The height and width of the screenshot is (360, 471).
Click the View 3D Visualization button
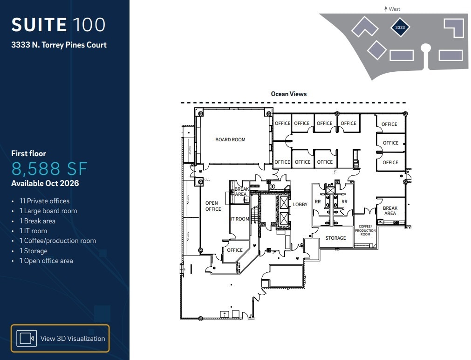[60, 338]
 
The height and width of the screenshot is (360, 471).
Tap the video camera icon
[27, 338]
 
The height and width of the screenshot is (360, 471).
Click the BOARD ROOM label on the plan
[230, 139]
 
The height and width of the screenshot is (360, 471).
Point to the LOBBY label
[300, 205]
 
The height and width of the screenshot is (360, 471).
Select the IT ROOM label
[240, 219]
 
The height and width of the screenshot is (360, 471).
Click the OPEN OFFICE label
[213, 206]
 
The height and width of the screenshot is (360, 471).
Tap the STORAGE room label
[335, 238]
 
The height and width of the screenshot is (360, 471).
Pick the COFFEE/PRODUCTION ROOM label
[365, 230]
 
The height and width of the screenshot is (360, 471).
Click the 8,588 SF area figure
[49, 168]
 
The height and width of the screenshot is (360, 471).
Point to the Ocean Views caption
[289, 94]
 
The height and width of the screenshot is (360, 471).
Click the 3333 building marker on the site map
[400, 28]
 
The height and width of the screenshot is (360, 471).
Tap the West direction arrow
[386, 8]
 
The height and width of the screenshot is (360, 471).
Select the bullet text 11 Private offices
[44, 201]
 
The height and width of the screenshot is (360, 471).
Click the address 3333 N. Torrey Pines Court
[59, 45]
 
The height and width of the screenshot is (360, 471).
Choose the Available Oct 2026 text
[45, 183]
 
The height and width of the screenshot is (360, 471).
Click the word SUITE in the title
[39, 25]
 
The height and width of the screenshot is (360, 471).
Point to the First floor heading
[29, 153]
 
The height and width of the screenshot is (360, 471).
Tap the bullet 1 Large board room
[48, 211]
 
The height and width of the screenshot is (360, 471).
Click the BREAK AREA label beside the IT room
[241, 192]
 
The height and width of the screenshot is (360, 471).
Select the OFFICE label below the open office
[235, 250]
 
